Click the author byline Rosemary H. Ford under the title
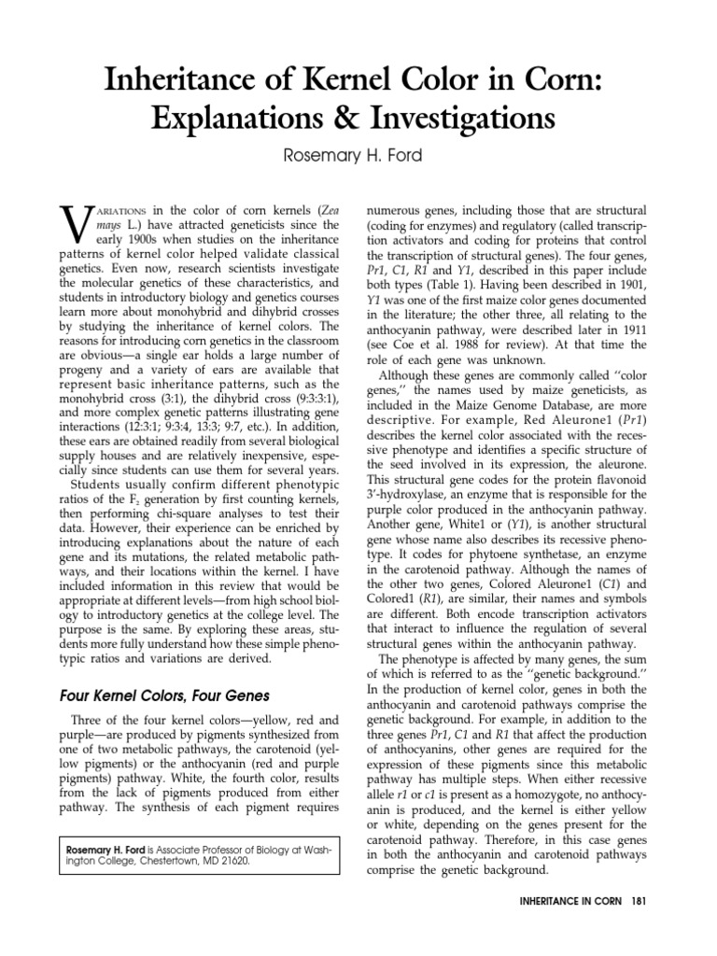click(x=358, y=158)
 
